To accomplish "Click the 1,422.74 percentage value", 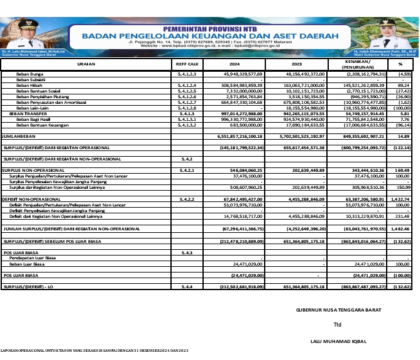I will [x=400, y=198].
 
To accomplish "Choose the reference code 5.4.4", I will [x=186, y=287].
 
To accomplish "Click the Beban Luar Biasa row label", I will [x=30, y=264].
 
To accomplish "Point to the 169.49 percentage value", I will [x=402, y=170].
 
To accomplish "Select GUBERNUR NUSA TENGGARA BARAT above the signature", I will [x=338, y=309].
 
